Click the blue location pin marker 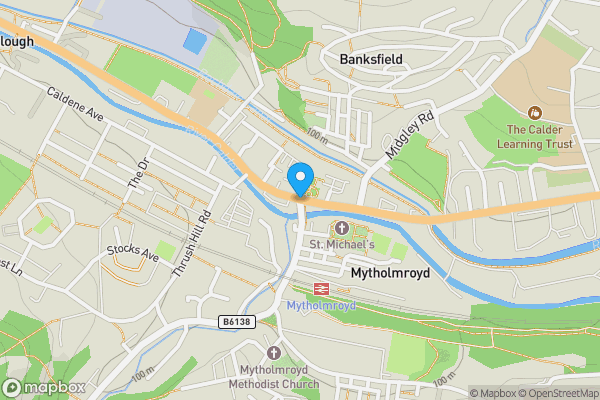[299, 180]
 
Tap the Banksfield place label [370, 59]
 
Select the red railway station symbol [321, 288]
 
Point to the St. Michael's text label [341, 244]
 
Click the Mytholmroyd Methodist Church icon [274, 352]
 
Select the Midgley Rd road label [411, 135]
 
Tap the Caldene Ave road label [75, 104]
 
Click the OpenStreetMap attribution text [556, 393]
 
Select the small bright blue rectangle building [195, 43]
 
